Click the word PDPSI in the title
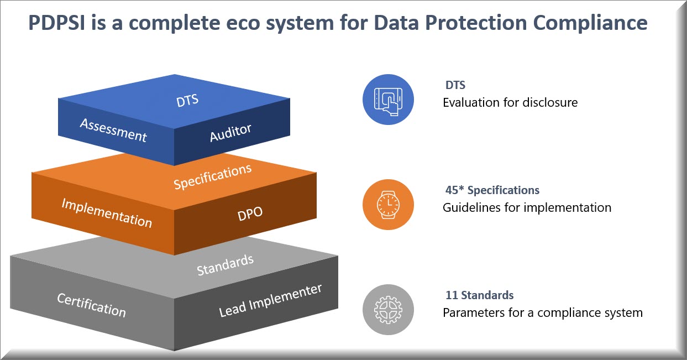56,23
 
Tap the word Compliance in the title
590,23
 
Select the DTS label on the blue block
187,101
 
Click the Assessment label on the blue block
113,131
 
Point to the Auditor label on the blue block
230,133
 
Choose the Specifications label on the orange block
213,176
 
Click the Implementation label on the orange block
107,213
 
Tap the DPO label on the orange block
250,213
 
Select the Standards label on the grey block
225,265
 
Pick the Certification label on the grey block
91,305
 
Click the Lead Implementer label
270,300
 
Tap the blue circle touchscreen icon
388,100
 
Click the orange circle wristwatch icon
388,205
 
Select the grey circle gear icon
388,309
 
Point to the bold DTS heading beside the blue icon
455,85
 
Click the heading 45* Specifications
492,190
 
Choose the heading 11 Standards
479,295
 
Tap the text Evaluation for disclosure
510,102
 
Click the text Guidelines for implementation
527,208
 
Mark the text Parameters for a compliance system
543,313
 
